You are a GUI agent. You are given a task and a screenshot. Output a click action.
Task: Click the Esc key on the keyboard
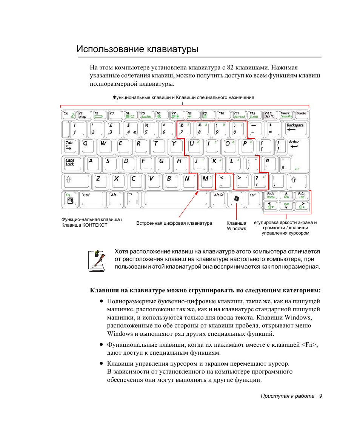click(x=68, y=115)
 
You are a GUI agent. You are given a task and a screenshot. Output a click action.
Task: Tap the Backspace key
click(x=295, y=128)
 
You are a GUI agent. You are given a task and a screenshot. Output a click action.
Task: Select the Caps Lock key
click(x=71, y=164)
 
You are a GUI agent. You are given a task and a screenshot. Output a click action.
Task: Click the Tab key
click(x=70, y=146)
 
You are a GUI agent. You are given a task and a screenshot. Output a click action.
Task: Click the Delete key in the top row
click(x=301, y=115)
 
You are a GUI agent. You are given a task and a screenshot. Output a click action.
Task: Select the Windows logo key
click(x=237, y=199)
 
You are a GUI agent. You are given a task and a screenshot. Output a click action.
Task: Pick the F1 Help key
click(x=83, y=115)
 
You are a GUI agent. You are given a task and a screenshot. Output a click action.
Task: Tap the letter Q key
click(x=87, y=146)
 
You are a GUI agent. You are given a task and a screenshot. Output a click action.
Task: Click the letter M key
click(x=206, y=181)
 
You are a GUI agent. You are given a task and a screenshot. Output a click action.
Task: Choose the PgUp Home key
click(x=271, y=195)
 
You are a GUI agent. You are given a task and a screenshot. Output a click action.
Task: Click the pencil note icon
click(x=97, y=260)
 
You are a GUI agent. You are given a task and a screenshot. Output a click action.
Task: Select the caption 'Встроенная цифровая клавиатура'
click(x=174, y=223)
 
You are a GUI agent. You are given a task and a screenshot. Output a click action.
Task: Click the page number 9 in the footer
click(x=320, y=396)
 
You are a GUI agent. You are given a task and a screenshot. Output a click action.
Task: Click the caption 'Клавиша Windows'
click(x=236, y=226)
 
